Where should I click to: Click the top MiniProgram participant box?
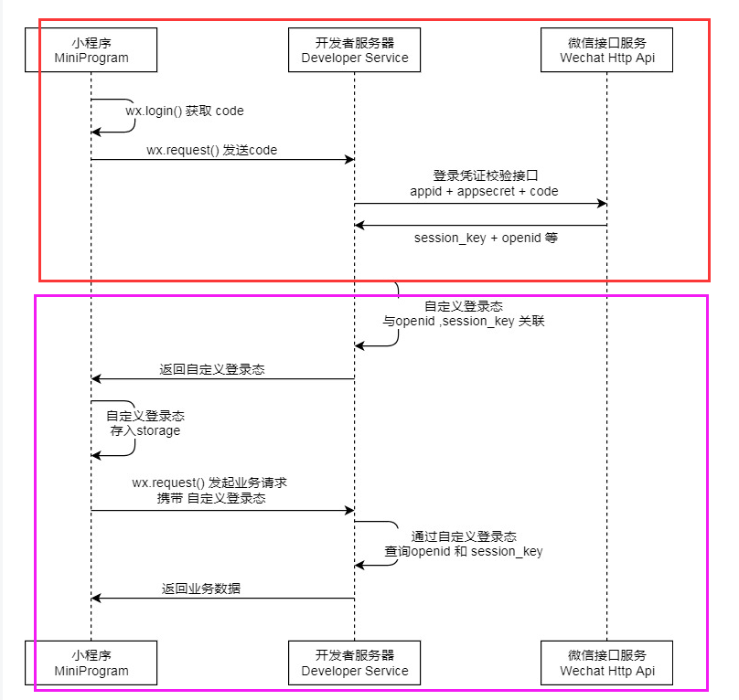pos(91,49)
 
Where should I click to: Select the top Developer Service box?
pos(355,49)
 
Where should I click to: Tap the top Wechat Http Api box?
pos(607,49)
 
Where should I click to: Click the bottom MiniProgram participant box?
pos(91,663)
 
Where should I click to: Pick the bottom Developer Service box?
pos(355,663)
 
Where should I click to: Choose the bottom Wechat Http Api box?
pos(607,663)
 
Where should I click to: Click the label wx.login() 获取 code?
pos(185,111)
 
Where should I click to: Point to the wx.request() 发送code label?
pos(211,150)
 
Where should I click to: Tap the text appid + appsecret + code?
pos(484,191)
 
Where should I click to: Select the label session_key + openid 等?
pos(486,238)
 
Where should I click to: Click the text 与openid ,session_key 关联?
pos(464,322)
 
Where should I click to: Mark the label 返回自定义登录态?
pos(212,369)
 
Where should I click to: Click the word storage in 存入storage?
pos(158,430)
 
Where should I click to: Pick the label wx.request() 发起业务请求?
pos(210,482)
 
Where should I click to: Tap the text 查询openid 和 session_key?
pos(464,551)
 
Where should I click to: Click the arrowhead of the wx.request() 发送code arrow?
pos(349,160)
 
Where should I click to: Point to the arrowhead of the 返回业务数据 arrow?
pos(96,599)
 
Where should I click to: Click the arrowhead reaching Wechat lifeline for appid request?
pos(602,203)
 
